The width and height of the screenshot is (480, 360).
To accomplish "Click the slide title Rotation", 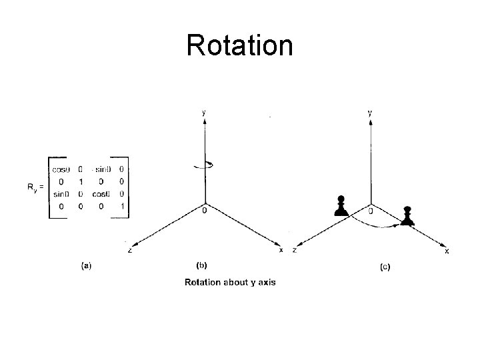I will [239, 45].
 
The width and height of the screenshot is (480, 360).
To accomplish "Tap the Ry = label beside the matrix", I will [36, 187].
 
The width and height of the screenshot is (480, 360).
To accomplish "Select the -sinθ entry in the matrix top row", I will [101, 169].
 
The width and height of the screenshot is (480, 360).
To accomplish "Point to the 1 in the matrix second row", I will [80, 181].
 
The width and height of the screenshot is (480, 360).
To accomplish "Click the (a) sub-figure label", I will [86, 265].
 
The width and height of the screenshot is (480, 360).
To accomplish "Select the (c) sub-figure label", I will [385, 267].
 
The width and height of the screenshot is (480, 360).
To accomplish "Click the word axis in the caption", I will [265, 282].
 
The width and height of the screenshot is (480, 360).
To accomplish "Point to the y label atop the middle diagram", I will [203, 113].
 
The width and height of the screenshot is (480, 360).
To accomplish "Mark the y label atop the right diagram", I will [370, 113].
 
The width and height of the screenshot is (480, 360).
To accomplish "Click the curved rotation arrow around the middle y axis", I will [203, 166].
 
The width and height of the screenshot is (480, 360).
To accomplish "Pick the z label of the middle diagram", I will [129, 250].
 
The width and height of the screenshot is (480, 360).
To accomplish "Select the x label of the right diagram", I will [447, 252].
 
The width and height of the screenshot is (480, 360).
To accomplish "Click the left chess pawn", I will [341, 206].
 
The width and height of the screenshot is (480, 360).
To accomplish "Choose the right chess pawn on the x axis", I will [407, 216].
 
